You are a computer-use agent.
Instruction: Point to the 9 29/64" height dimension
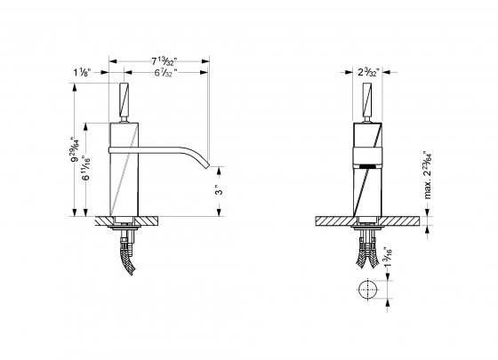point(76,146)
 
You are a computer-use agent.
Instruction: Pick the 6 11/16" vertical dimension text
point(87,166)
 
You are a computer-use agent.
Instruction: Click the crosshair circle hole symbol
point(366,290)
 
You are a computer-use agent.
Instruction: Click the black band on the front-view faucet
point(366,165)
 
